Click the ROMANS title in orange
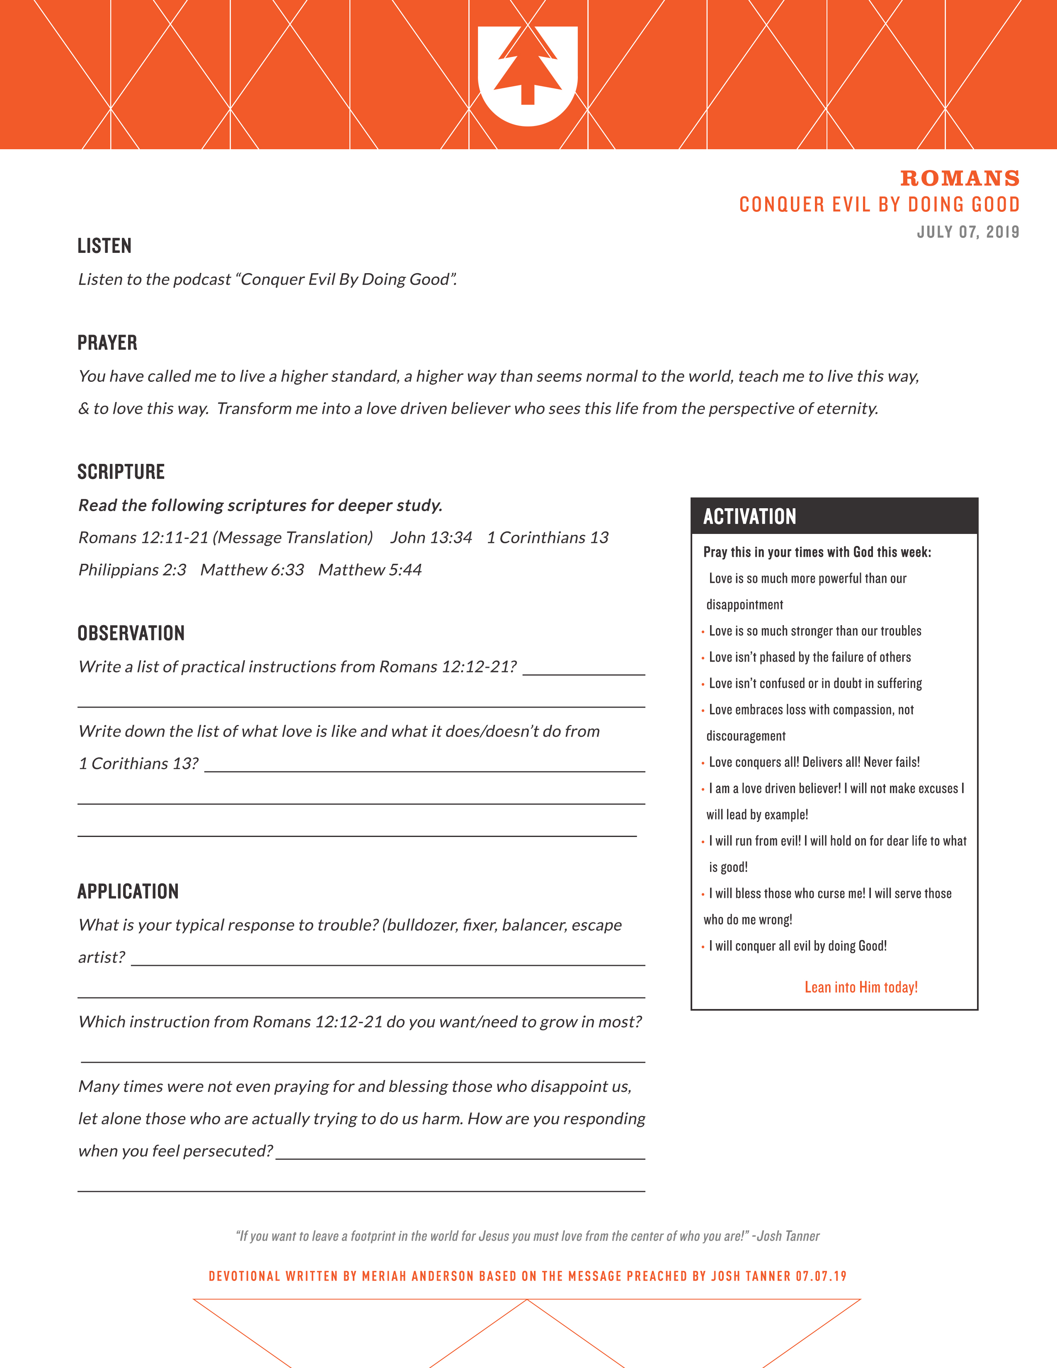click(959, 179)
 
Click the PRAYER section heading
click(107, 343)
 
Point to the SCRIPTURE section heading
click(121, 472)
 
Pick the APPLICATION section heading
click(128, 891)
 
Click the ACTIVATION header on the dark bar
click(749, 517)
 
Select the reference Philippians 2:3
click(132, 570)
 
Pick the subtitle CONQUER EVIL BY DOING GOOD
click(879, 205)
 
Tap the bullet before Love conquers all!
click(703, 763)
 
